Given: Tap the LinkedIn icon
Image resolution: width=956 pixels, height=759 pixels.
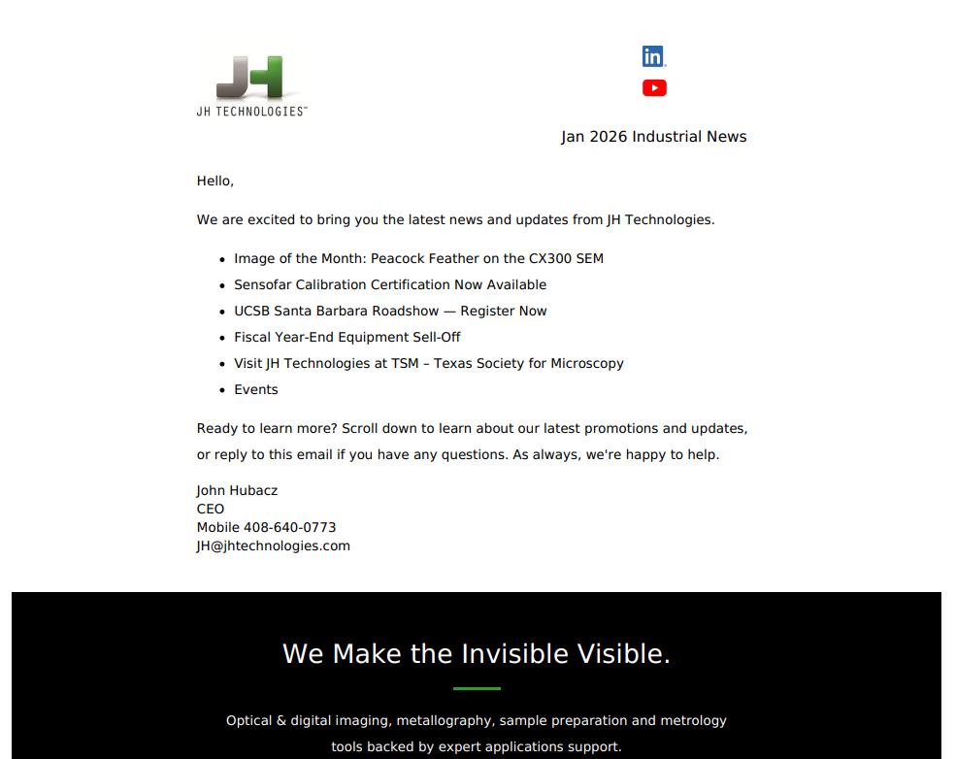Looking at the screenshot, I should (x=653, y=56).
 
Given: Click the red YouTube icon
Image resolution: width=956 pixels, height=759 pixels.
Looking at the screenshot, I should (x=654, y=88).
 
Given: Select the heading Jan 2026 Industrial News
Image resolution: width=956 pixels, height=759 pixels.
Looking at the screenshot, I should (x=653, y=137).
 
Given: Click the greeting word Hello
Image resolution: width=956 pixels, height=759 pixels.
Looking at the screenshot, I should (x=214, y=181).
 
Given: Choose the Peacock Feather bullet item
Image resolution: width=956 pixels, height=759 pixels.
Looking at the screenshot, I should (x=418, y=259).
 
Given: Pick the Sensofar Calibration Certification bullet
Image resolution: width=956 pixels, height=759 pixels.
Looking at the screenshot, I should (x=390, y=285).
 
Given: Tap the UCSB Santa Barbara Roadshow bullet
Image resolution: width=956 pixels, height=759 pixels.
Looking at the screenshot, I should (x=390, y=312).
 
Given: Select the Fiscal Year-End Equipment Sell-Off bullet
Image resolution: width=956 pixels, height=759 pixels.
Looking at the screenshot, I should (x=347, y=338).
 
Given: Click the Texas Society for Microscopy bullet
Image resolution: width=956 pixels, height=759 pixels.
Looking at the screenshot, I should (x=429, y=364).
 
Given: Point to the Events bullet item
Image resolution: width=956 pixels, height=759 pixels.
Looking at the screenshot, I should (x=256, y=390).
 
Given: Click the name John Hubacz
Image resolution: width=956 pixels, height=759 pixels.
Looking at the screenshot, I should (x=237, y=491).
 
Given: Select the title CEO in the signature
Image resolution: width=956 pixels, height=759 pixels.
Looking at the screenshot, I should (x=211, y=510).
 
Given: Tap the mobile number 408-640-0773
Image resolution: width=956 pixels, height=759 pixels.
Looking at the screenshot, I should (x=289, y=528).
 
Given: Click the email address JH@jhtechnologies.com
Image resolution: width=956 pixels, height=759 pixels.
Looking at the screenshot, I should (x=274, y=546).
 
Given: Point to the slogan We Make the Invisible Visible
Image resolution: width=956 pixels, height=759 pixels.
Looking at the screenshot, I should (x=477, y=654).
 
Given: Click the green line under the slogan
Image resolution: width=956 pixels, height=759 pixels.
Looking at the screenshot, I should (x=477, y=689).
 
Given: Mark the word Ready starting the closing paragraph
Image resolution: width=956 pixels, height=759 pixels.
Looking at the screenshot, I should (x=218, y=429).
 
